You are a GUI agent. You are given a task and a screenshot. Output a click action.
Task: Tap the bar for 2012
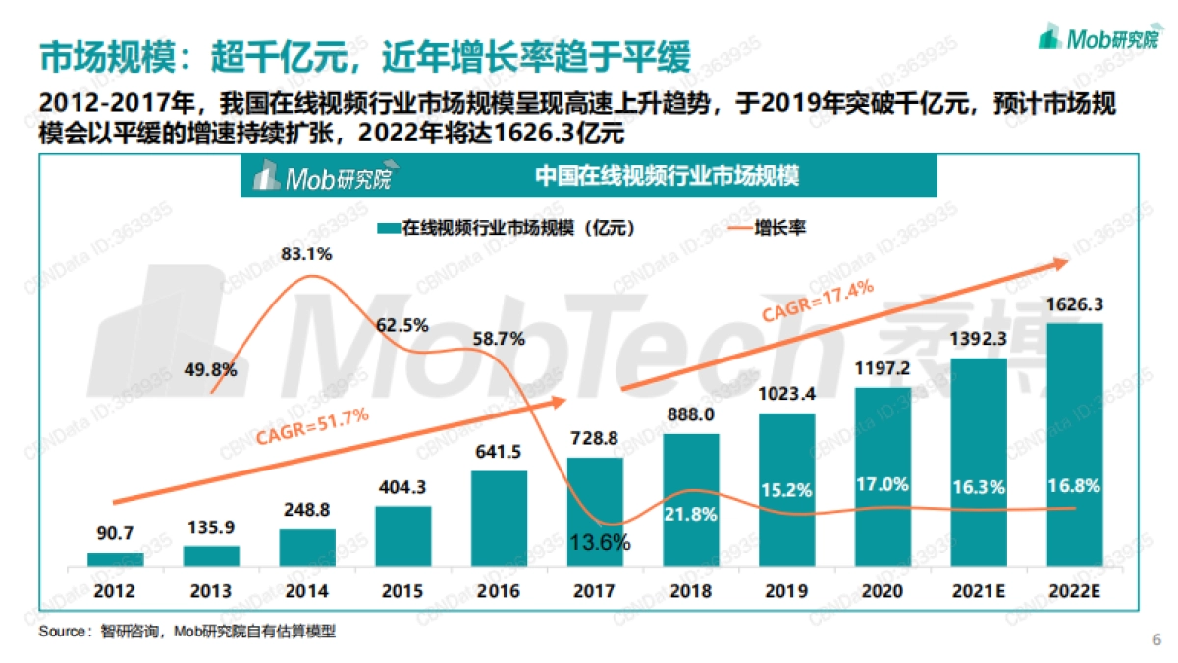click(115, 559)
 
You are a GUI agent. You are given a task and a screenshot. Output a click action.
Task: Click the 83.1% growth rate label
click(306, 254)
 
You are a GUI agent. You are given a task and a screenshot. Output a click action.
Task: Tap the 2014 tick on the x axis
click(306, 591)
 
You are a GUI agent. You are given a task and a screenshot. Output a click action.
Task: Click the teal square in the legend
click(386, 228)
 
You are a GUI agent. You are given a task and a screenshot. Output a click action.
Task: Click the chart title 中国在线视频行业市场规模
click(667, 177)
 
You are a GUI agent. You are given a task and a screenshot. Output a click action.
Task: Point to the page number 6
click(1155, 640)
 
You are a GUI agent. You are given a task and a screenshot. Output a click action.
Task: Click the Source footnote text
click(187, 632)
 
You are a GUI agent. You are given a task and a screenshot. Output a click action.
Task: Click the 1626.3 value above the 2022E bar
click(1075, 304)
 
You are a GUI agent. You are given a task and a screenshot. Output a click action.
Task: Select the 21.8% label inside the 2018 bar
click(691, 512)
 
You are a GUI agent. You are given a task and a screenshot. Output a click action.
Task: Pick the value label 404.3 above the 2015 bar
click(402, 487)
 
